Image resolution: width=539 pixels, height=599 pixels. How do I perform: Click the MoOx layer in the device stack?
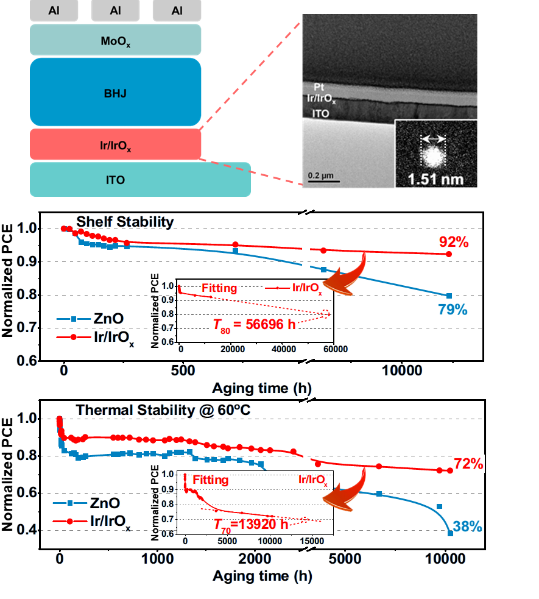tap(116, 40)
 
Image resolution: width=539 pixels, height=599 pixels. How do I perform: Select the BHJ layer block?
tap(116, 93)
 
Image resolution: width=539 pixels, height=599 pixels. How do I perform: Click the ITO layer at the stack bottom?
tap(140, 179)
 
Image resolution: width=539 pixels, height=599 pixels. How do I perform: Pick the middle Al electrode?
tap(116, 10)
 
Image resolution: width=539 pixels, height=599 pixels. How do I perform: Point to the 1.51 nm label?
tap(435, 179)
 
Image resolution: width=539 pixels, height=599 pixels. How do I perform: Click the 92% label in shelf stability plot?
tap(454, 242)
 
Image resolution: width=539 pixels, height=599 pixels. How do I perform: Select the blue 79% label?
tap(453, 310)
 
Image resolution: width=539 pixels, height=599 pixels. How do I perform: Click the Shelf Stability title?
tap(125, 222)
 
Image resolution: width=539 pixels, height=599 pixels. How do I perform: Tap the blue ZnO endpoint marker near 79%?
tap(449, 296)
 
